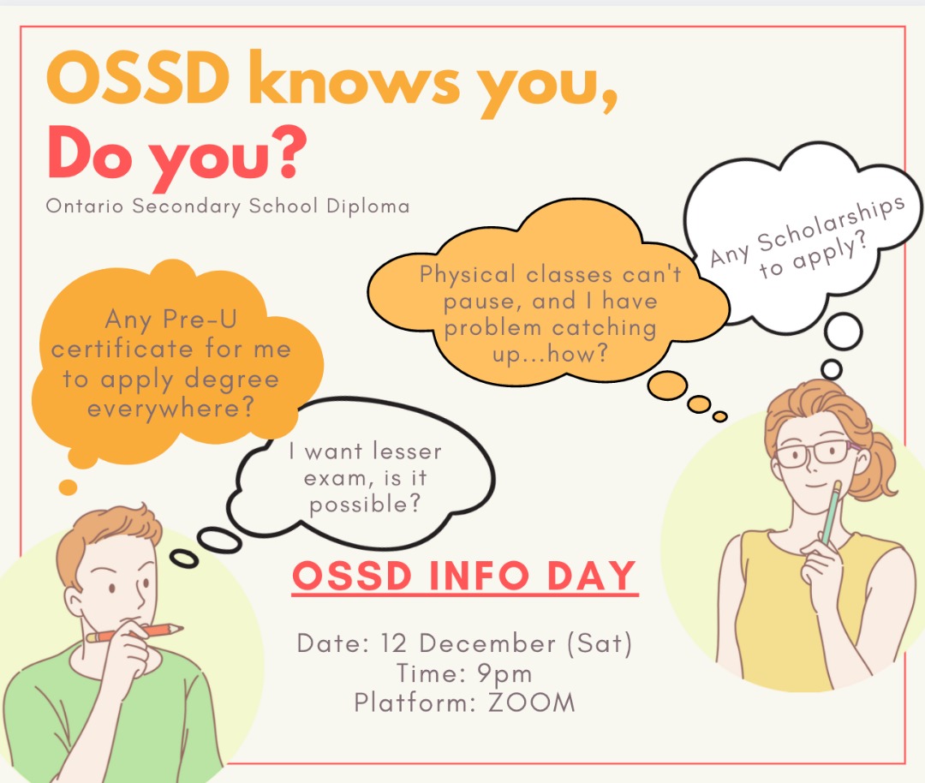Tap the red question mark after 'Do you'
(289, 152)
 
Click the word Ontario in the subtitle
(84, 206)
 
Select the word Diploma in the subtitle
(367, 206)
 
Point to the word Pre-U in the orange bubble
(200, 320)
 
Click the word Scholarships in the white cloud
(831, 222)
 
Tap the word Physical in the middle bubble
(468, 275)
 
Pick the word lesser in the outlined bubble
(407, 451)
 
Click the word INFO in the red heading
(479, 576)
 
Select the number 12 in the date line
(393, 643)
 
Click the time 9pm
(504, 674)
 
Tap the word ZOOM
(531, 702)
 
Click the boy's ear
(75, 606)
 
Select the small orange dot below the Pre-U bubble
(68, 487)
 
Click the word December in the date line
(487, 643)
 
